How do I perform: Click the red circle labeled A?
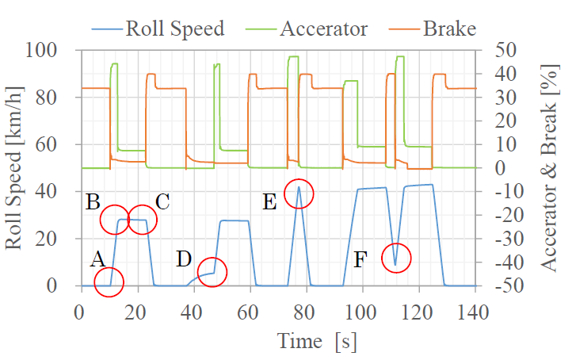[x=109, y=281]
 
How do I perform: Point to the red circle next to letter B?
[x=116, y=220]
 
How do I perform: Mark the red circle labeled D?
[x=212, y=272]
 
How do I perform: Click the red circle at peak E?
[x=299, y=193]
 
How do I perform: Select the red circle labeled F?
[x=397, y=258]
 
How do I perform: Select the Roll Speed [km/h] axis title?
[x=17, y=168]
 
